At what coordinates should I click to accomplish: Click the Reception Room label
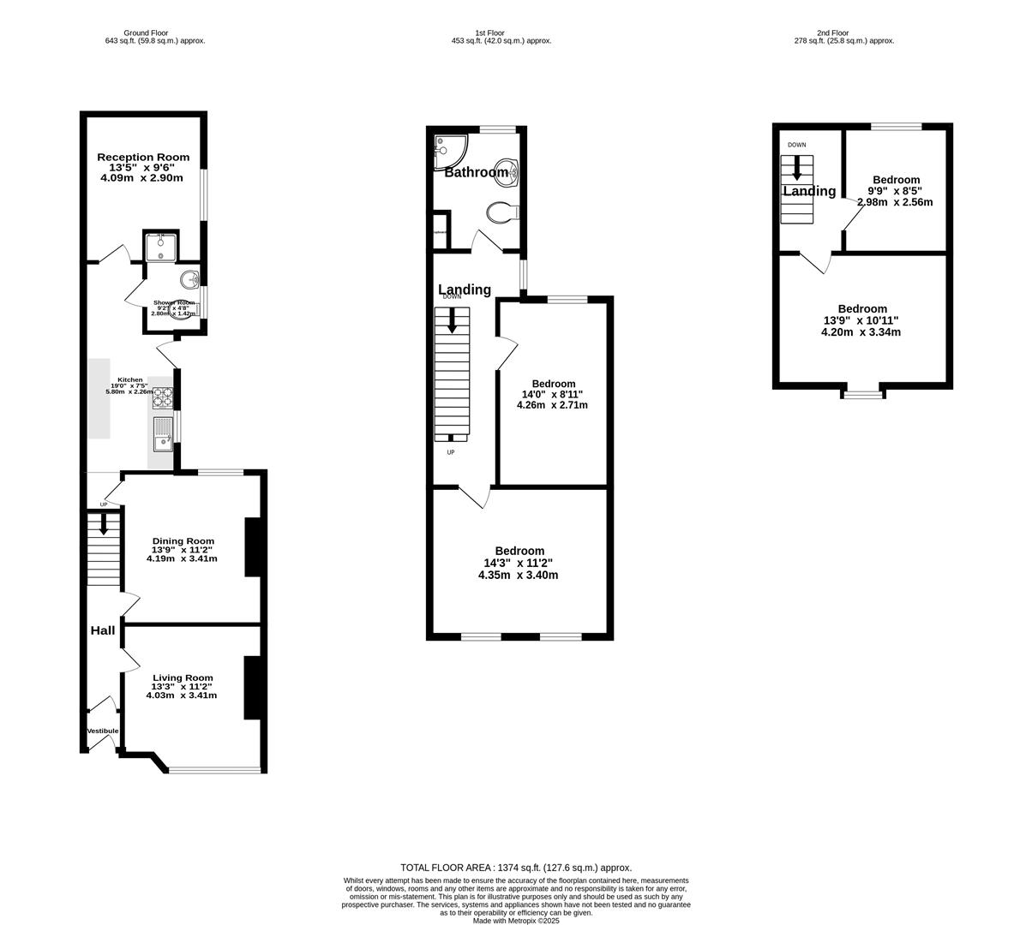143,157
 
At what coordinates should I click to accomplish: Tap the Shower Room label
174,303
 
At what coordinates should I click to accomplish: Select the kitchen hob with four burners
162,398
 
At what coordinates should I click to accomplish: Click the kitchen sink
162,434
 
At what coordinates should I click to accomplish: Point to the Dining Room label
183,540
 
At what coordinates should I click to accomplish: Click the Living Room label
182,677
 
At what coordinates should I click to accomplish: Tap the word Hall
103,630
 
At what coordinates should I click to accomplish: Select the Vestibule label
103,731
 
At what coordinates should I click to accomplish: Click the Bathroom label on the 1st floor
476,172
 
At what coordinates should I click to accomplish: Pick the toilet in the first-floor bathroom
500,212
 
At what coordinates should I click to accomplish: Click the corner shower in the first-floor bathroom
447,150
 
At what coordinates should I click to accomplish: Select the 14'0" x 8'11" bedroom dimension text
553,394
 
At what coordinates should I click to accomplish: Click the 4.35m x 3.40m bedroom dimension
518,575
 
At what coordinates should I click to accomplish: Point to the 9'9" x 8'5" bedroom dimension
896,191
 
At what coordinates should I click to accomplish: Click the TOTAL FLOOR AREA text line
516,868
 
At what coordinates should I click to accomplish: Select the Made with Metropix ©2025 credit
516,921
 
